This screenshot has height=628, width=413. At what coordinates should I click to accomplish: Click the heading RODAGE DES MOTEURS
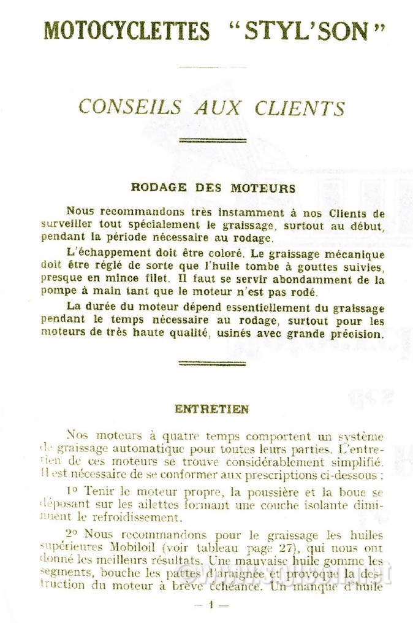(x=213, y=188)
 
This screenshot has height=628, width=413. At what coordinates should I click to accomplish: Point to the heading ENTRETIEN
(x=211, y=408)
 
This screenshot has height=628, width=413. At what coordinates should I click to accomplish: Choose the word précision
(x=357, y=334)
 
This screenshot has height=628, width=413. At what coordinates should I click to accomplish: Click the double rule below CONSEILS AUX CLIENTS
(x=212, y=140)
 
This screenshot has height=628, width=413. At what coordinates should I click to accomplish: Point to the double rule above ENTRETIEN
(x=212, y=363)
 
